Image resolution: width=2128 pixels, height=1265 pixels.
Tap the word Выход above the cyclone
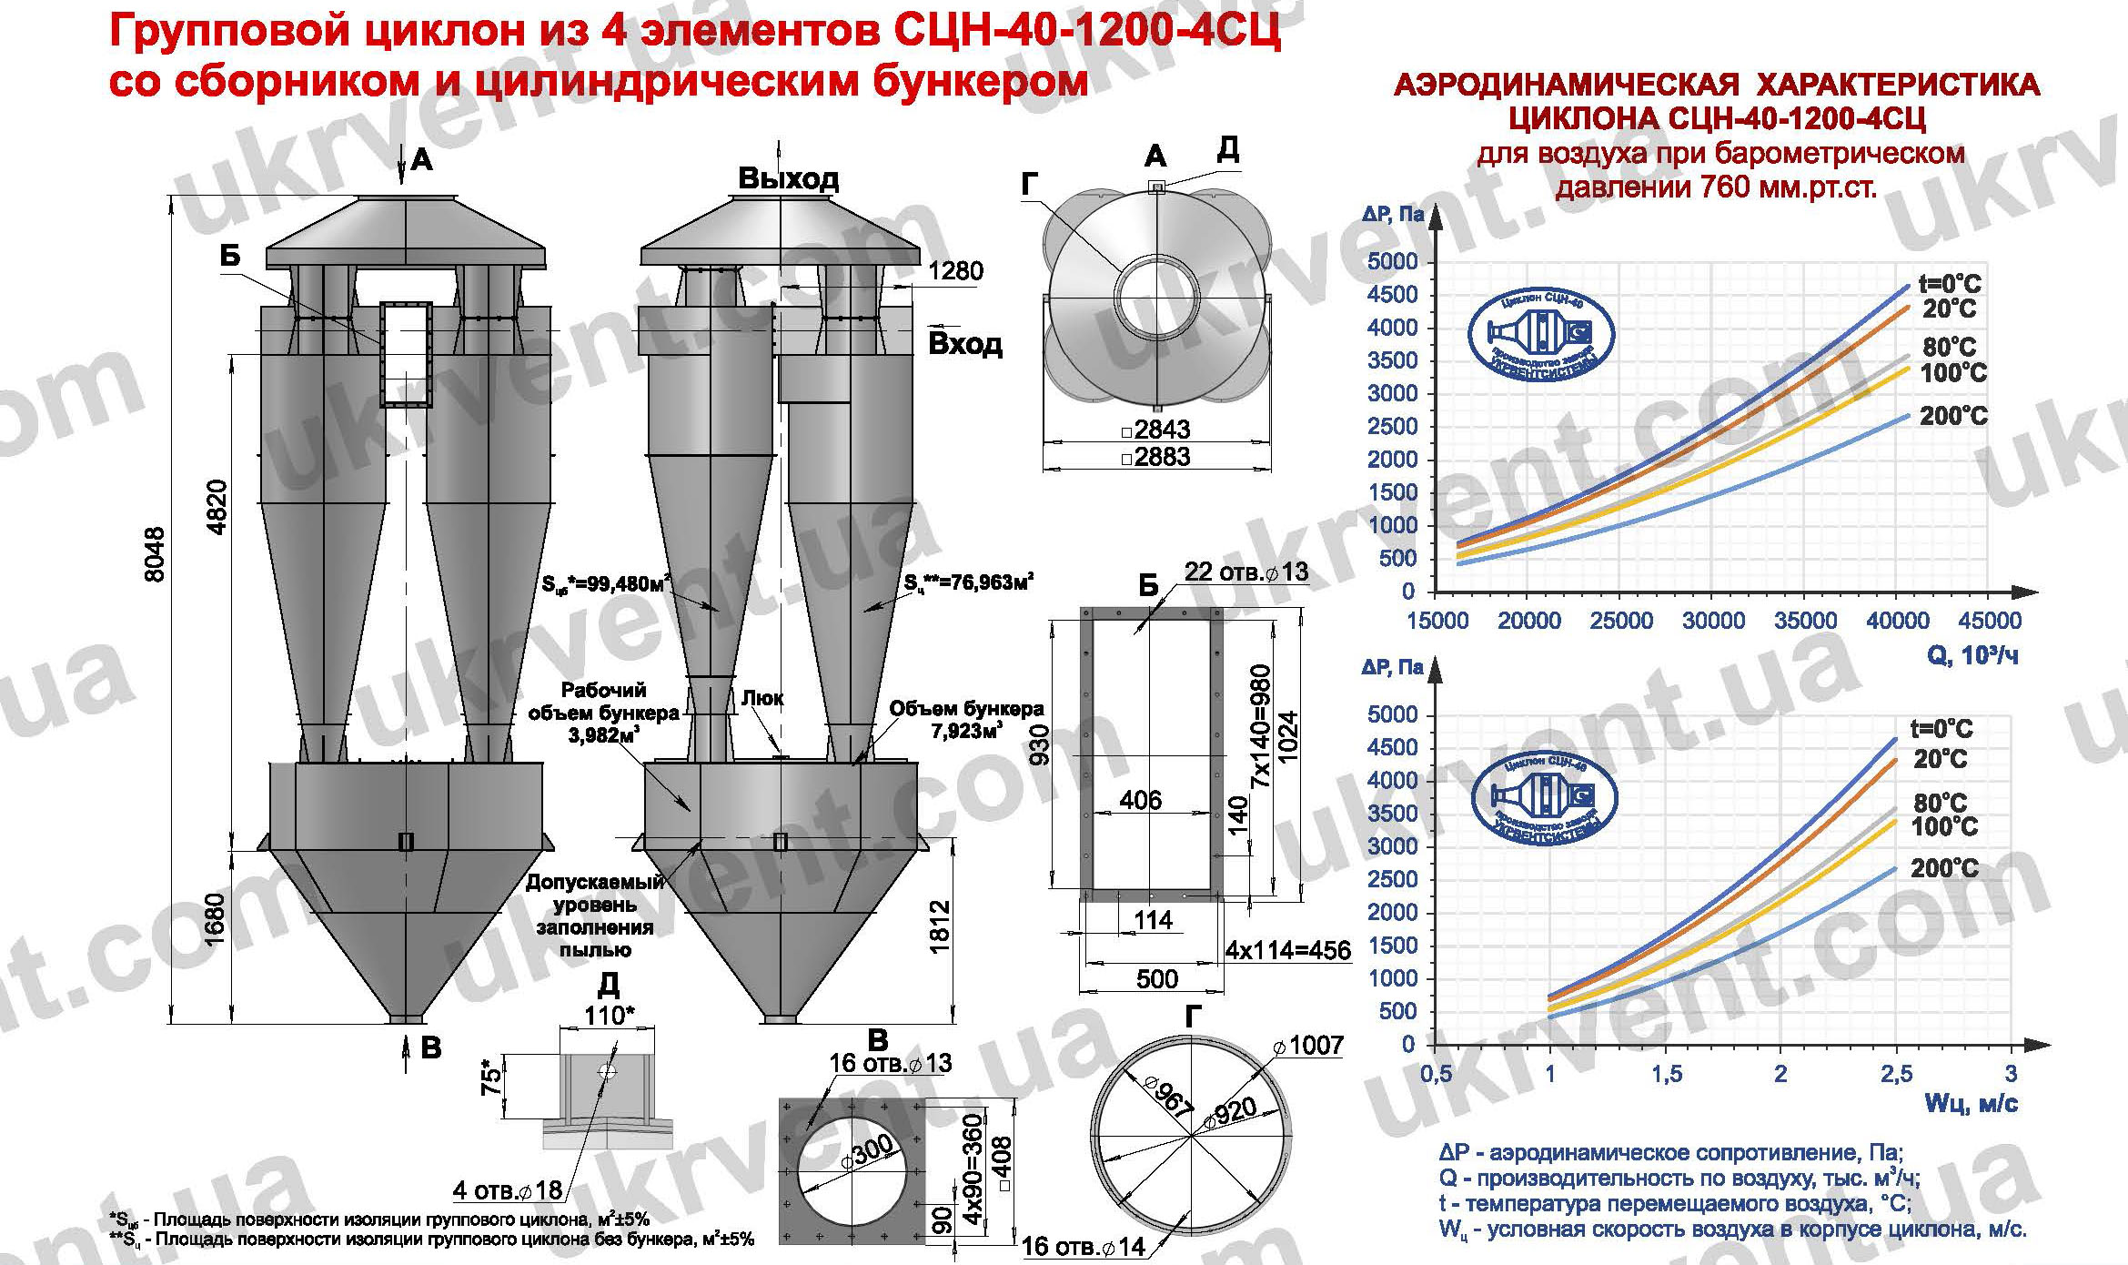pos(788,178)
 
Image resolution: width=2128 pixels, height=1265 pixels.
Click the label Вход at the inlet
pos(964,344)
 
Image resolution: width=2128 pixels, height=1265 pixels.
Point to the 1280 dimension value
pos(955,271)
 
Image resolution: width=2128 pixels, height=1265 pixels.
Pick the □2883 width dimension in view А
pos(1156,456)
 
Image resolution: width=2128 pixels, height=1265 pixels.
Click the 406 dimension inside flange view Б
pos(1140,800)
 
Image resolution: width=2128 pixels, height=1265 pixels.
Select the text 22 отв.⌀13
pos(1245,572)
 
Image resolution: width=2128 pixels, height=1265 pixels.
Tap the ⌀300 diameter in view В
pos(867,1159)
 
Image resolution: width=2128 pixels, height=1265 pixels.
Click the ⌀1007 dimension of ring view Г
pos(1309,1045)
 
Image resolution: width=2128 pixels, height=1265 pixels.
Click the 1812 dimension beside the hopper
pos(940,926)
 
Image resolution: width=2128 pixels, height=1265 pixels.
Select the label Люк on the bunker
pos(762,698)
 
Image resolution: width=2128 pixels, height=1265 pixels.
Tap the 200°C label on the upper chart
pos(1953,417)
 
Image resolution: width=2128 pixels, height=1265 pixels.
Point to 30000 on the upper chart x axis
pos(1713,621)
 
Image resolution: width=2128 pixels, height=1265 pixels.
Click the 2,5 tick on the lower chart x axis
pos(1896,1075)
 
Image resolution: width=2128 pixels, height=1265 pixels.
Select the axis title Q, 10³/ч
pos(1972,655)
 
